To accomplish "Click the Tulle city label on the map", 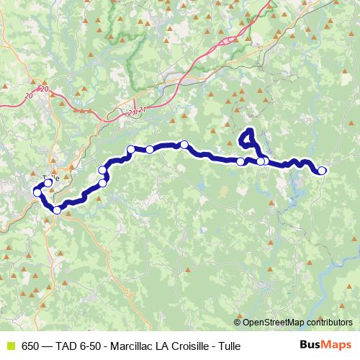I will (x=51, y=177).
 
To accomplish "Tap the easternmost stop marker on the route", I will (x=322, y=171).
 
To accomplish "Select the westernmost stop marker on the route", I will (x=37, y=192).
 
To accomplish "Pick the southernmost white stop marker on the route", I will (x=58, y=210).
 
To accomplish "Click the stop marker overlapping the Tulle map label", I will (x=48, y=183).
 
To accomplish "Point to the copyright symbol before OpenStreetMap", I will (x=238, y=323).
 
